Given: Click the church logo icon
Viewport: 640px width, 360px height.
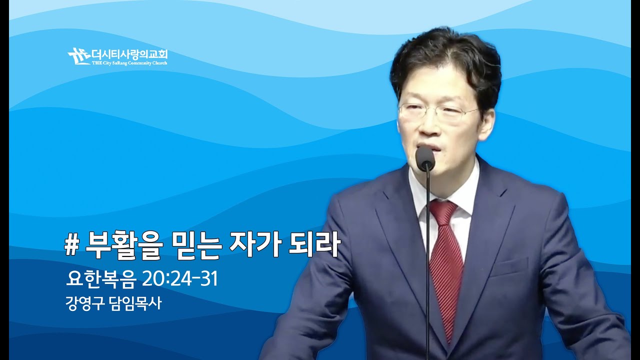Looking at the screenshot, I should tap(78, 55).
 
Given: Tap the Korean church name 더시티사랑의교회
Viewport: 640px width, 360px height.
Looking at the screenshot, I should tap(129, 53).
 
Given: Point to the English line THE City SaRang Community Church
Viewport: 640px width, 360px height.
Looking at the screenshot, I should tap(129, 63).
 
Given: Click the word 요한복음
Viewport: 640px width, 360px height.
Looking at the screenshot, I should tap(100, 279).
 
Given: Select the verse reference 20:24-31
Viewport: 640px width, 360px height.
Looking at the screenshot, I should tap(180, 279).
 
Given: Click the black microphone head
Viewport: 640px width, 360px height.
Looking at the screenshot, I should tap(425, 157).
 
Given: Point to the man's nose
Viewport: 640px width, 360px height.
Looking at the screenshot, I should tap(425, 125).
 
